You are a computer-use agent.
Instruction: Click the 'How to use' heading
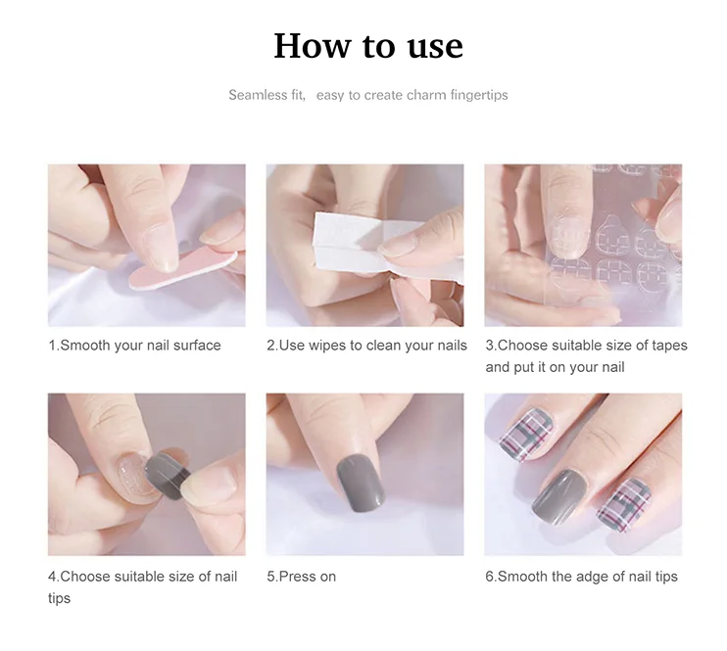pos(368,46)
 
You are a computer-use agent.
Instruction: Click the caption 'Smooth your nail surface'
pos(140,346)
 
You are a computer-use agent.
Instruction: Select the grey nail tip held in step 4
pos(168,476)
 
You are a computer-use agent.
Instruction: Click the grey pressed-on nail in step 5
pos(361,483)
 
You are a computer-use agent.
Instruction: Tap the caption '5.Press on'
pos(302,577)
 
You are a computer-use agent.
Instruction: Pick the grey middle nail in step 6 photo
pos(558,496)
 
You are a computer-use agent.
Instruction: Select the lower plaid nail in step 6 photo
pos(623,505)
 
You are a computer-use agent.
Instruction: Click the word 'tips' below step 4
pos(60,598)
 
